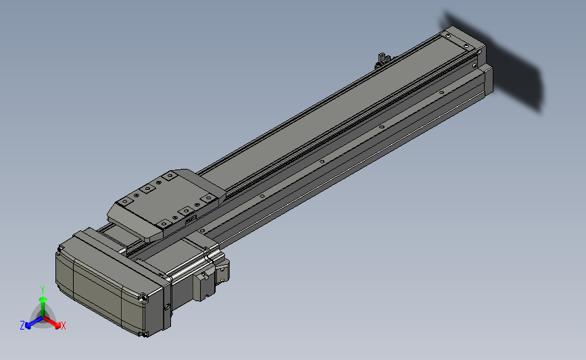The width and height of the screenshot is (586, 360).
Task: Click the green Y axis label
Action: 43,290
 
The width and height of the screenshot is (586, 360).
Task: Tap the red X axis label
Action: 63,326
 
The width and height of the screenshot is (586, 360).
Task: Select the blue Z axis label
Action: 22,326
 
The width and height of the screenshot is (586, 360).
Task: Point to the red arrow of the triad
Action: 51,322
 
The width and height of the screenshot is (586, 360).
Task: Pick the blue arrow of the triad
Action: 34,323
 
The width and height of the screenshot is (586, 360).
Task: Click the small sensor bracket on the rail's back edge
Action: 382,60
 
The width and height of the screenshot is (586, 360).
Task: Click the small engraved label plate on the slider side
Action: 191,219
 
